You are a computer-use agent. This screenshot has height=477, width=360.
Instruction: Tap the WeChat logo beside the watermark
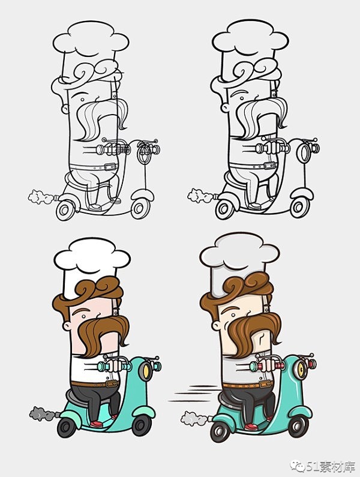pyautogui.click(x=297, y=466)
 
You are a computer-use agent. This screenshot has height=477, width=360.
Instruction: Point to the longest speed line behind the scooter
pyautogui.click(x=188, y=401)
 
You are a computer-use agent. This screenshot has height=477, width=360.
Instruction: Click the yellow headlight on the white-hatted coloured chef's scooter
pyautogui.click(x=145, y=370)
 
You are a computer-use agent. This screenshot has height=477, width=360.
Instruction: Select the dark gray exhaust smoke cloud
pyautogui.click(x=43, y=414)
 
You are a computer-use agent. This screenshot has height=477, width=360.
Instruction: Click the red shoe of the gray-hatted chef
pyautogui.click(x=251, y=427)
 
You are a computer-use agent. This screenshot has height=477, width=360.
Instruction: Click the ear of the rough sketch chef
pyautogui.click(x=65, y=108)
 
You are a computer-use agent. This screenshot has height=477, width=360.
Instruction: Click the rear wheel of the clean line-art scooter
pyautogui.click(x=224, y=209)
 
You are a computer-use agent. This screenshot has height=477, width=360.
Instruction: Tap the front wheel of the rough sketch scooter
pyautogui.click(x=139, y=208)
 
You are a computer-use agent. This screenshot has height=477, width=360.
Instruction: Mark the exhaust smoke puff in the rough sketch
pyautogui.click(x=41, y=197)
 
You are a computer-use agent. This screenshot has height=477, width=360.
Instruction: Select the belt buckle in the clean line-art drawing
pyautogui.click(x=269, y=166)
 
